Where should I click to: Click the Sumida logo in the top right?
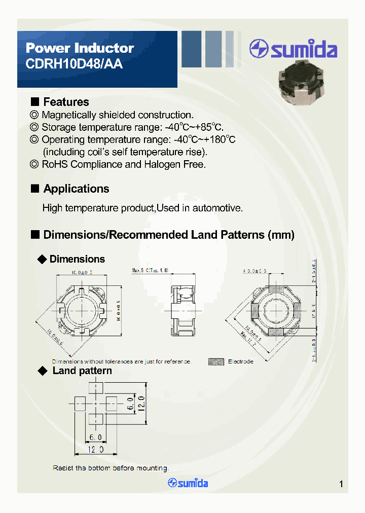(x=293, y=49)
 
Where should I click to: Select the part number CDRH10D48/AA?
(x=74, y=64)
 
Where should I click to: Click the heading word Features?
(x=66, y=102)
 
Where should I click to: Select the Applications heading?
(x=76, y=189)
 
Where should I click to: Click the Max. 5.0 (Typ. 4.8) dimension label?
(x=150, y=271)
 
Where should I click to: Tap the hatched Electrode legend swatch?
(x=216, y=361)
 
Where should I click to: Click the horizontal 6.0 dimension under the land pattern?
(x=96, y=437)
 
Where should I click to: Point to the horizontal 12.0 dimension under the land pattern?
(x=95, y=450)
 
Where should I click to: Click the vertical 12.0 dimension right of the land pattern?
(x=143, y=404)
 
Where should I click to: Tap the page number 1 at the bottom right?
(x=341, y=484)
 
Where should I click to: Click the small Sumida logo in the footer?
(x=188, y=483)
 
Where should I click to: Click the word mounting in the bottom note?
(x=152, y=468)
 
